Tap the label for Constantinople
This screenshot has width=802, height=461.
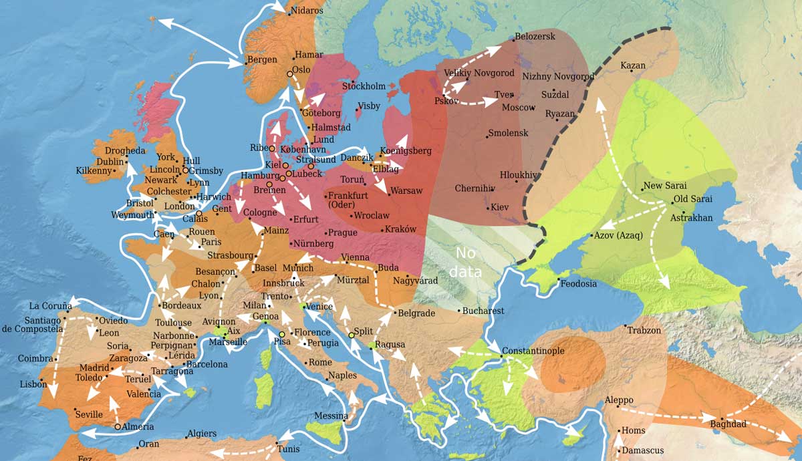533,351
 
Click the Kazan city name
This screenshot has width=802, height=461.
632,65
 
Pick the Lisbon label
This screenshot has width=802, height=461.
33,384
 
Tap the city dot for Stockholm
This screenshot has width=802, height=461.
354,82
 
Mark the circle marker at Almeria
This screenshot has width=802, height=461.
118,426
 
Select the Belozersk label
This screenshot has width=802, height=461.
535,37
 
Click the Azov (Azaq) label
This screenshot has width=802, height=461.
618,235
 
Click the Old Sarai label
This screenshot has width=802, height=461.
692,199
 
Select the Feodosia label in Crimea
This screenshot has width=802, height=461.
578,284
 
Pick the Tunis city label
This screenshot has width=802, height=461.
288,449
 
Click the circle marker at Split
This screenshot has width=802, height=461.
351,334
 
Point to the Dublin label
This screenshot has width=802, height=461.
110,162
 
